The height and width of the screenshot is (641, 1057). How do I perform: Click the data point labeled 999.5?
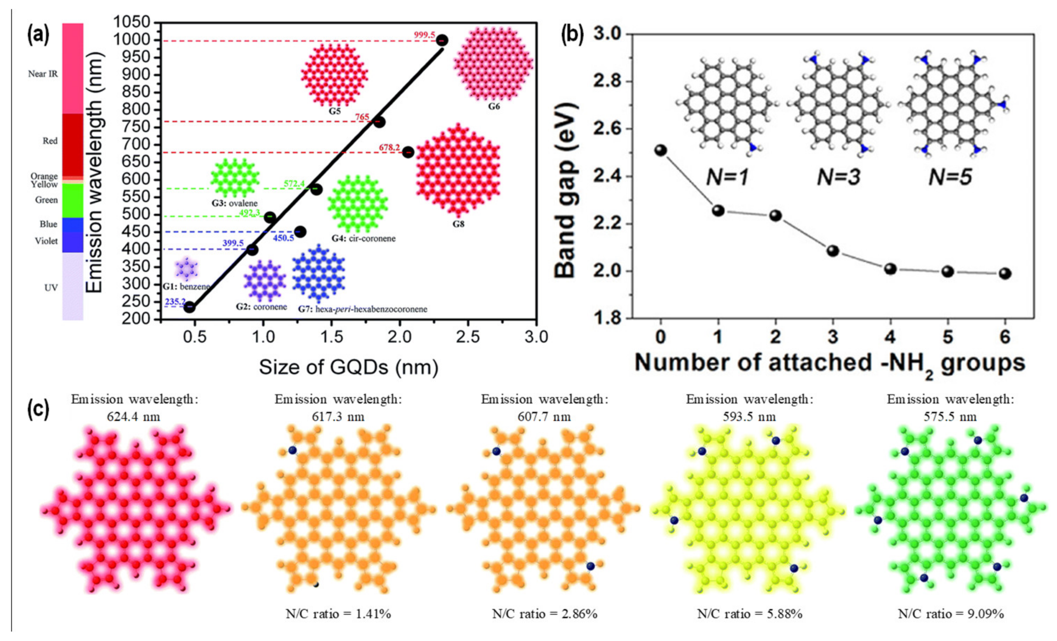click(x=442, y=41)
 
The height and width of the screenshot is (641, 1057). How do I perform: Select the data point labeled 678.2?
click(x=408, y=152)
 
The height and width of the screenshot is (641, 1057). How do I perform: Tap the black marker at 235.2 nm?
click(x=190, y=307)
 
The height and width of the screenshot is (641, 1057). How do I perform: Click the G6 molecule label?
click(x=494, y=106)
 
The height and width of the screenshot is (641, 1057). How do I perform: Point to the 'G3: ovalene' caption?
click(x=235, y=203)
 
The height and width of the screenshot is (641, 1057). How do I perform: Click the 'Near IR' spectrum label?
click(x=43, y=74)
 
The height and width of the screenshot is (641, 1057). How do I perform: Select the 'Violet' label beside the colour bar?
click(x=46, y=241)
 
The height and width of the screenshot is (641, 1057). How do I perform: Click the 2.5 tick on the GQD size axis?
click(x=467, y=337)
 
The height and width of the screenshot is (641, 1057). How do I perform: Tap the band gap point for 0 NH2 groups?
click(x=661, y=150)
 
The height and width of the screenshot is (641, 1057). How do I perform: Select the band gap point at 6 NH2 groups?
click(x=1005, y=273)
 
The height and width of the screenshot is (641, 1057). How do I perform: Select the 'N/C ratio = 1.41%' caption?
click(x=338, y=614)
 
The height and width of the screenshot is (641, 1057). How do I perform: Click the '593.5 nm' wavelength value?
click(x=749, y=416)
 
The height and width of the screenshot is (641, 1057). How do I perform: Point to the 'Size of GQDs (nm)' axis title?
click(x=348, y=368)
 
